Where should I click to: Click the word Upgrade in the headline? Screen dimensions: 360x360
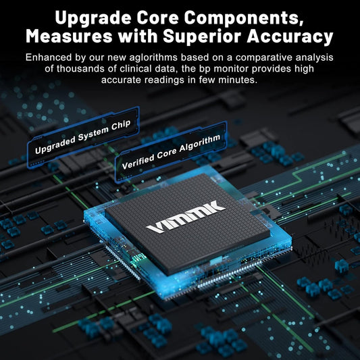click(x=93, y=18)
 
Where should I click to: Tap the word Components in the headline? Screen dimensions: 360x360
click(x=244, y=18)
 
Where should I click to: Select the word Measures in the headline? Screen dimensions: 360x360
click(x=69, y=36)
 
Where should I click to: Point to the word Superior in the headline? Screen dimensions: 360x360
click(x=202, y=37)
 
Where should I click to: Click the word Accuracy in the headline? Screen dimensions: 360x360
click(x=290, y=37)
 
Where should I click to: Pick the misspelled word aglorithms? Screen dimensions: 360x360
click(x=153, y=57)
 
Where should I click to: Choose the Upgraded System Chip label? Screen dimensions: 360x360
click(x=83, y=137)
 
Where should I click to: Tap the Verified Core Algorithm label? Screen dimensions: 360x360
click(x=171, y=152)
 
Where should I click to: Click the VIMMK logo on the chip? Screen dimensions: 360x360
click(x=186, y=217)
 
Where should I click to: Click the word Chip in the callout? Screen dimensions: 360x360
click(x=121, y=126)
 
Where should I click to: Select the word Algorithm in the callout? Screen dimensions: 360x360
click(x=199, y=143)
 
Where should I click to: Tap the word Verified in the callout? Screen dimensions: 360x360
click(x=138, y=162)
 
